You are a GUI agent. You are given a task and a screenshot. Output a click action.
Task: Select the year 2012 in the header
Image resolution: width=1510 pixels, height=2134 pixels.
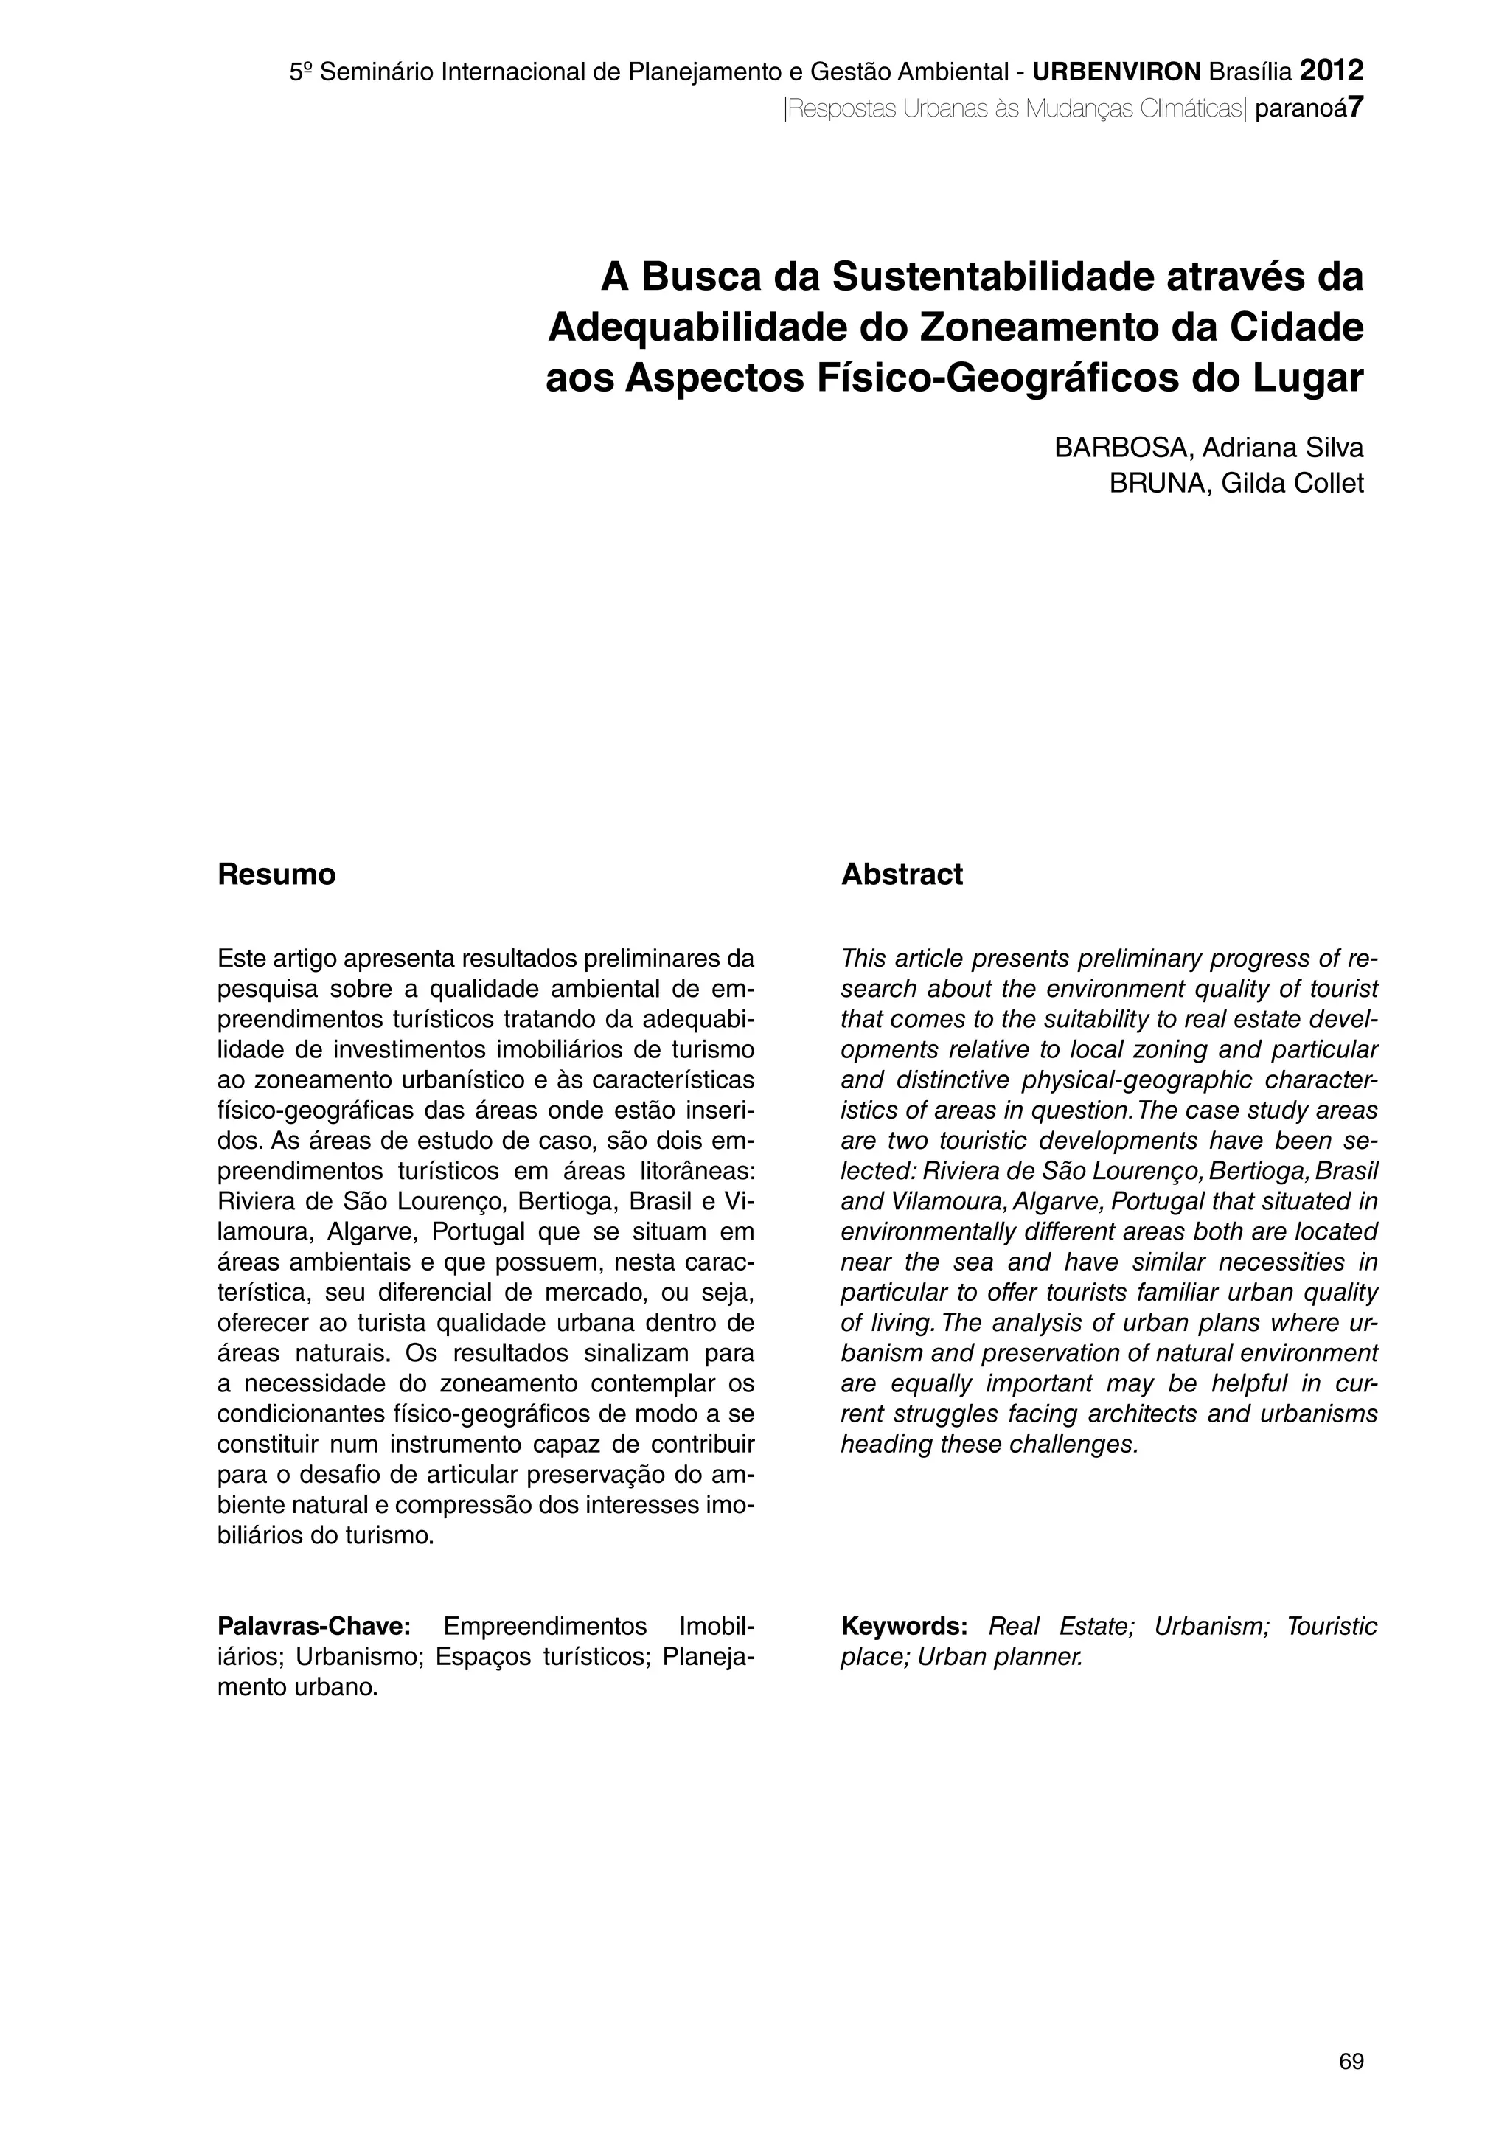click(x=1332, y=71)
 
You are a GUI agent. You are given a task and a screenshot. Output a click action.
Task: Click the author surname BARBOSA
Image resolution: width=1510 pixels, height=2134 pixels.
click(x=1122, y=448)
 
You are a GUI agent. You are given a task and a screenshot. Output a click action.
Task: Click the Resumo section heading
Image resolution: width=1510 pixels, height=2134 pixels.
click(x=276, y=875)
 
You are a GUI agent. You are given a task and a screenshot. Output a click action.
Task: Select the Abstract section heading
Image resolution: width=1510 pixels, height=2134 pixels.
click(x=902, y=875)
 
